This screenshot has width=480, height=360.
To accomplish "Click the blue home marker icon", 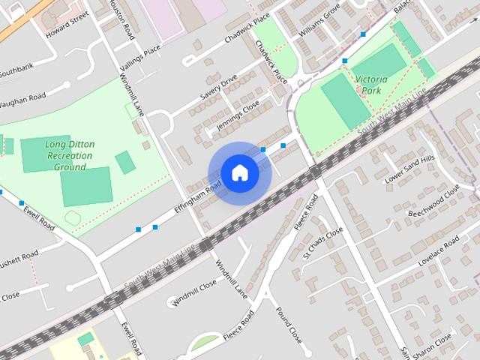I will (239, 173).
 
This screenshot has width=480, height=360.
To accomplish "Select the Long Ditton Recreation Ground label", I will (69, 155).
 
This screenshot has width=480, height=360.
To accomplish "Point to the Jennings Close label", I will (237, 116).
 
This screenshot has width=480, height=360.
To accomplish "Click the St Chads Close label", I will (322, 241).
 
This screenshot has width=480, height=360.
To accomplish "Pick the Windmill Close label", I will (193, 292).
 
